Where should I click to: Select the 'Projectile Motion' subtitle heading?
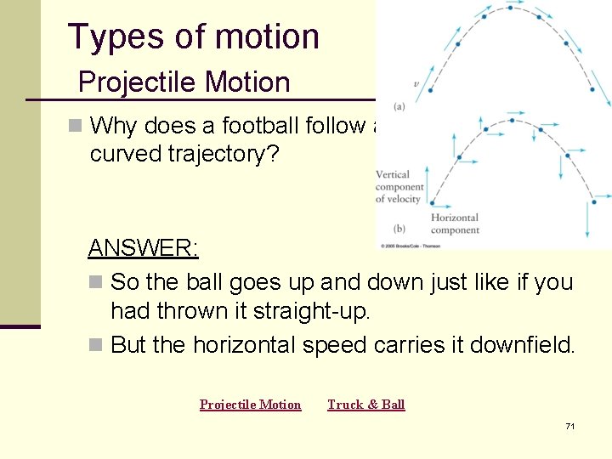point(184,82)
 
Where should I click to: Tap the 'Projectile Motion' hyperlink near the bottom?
point(250,405)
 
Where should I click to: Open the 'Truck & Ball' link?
point(366,405)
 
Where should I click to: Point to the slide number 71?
point(569,426)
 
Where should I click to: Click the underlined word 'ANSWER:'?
point(143,248)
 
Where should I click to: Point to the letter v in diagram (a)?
point(415,85)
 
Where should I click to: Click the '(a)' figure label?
point(399,106)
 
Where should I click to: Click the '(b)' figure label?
point(399,229)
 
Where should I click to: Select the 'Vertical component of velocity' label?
point(399,187)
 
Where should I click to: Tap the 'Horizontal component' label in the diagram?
point(454,224)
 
